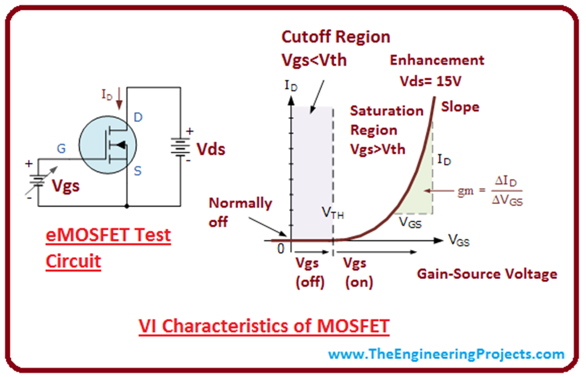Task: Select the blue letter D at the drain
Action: coord(138,117)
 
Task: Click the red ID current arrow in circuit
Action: coord(119,98)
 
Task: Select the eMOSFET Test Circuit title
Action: coord(108,248)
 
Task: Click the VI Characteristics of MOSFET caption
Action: coord(264,326)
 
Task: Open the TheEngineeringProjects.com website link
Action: coord(446,354)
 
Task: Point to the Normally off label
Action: coord(240,212)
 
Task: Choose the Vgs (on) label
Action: coord(358,272)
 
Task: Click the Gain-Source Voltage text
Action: coord(486,274)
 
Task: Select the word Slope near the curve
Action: coord(460,107)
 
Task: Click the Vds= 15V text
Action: coord(430,81)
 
